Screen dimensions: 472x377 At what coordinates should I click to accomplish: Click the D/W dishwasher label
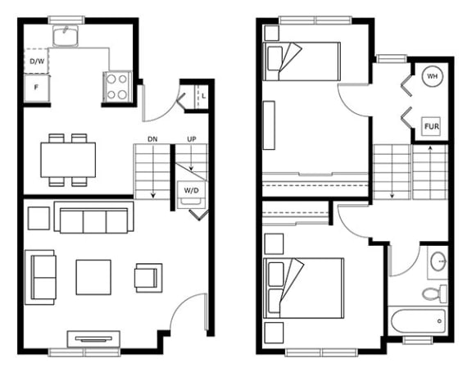[x=37, y=61]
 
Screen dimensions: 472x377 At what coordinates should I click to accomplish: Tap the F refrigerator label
[x=36, y=88]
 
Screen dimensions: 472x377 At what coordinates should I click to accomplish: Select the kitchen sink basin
[x=66, y=36]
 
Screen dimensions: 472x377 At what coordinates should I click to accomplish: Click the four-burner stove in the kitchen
[x=117, y=87]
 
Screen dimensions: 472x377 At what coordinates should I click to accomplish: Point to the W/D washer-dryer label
[x=191, y=191]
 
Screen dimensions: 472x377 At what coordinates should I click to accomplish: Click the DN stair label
[x=152, y=139]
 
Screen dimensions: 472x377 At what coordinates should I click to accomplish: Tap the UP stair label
[x=192, y=139]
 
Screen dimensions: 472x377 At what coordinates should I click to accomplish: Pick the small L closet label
[x=204, y=97]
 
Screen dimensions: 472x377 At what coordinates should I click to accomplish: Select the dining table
[x=68, y=160]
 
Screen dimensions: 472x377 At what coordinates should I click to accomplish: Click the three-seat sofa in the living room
[x=94, y=217]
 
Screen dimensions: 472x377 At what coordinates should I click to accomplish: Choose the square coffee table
[x=93, y=277]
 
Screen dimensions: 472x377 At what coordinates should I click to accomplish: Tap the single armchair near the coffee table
[x=148, y=278]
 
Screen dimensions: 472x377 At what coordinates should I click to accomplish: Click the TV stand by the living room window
[x=93, y=339]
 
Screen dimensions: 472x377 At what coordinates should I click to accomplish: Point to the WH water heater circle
[x=433, y=76]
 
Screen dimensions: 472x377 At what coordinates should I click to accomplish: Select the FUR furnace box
[x=432, y=126]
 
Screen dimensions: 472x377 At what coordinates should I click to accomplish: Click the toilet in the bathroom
[x=434, y=293]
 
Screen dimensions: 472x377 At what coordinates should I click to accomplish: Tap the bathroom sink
[x=438, y=261]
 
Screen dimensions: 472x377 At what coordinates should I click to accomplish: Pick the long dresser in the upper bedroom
[x=269, y=125]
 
